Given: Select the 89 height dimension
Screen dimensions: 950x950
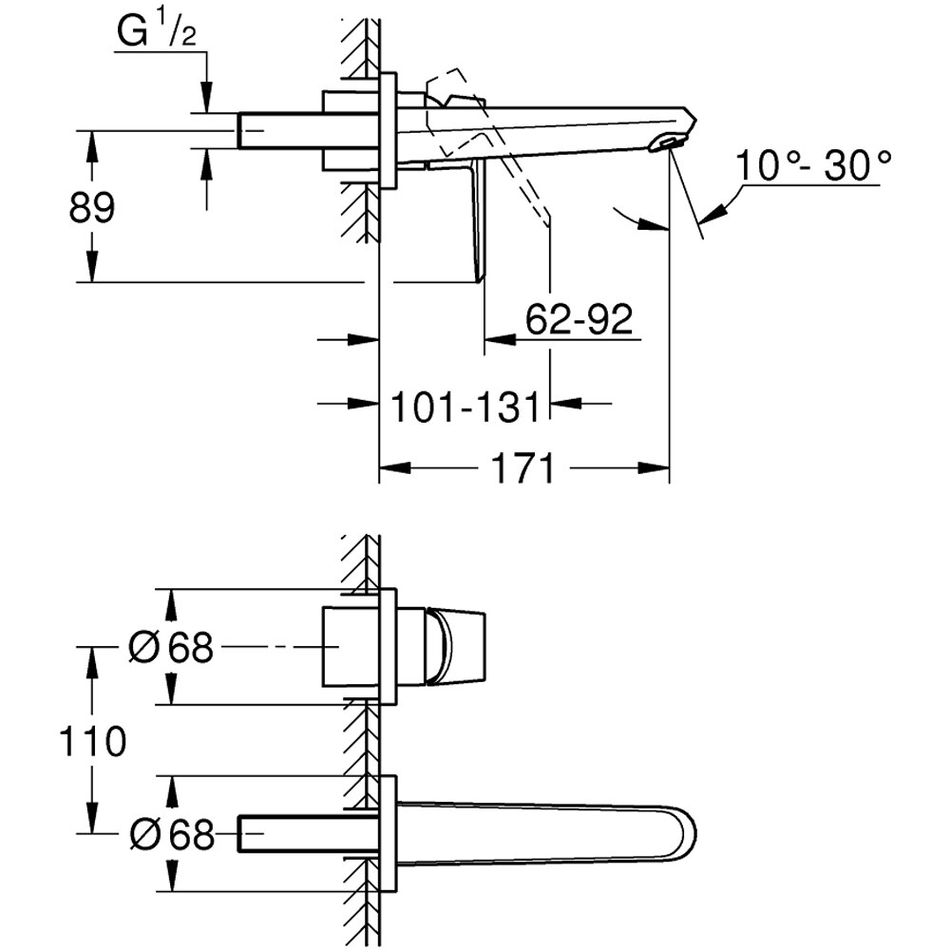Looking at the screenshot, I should point(91,207).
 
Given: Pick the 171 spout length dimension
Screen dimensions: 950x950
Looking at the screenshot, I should point(522,468).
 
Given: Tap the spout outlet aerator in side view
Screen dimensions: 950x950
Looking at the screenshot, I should point(668,143).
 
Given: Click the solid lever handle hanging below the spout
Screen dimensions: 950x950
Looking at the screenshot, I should point(474,223).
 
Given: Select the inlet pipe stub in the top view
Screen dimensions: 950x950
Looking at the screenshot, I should point(279,131).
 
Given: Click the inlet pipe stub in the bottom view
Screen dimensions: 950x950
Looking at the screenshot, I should point(285,834).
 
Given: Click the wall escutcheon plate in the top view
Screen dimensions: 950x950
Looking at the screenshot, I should point(388,131).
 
